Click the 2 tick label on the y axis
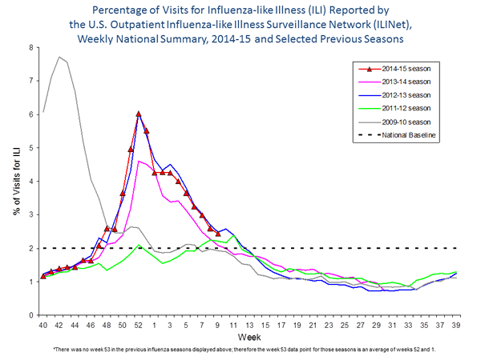(x=30, y=248)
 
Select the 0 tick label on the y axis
(x=30, y=315)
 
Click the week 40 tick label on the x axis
(x=43, y=326)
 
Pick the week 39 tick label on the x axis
(x=456, y=326)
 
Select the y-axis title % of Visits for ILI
(x=14, y=180)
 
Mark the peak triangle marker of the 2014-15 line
(x=139, y=114)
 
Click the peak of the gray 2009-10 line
(x=59, y=57)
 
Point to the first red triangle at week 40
(x=43, y=277)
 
